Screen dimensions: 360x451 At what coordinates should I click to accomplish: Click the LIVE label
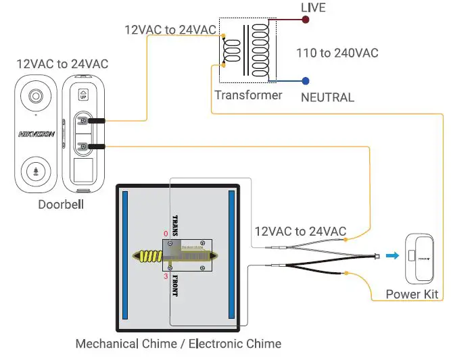tap(313, 7)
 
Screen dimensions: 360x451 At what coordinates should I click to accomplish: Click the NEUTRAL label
tap(327, 97)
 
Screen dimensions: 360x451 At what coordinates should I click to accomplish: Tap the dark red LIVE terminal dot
tap(306, 20)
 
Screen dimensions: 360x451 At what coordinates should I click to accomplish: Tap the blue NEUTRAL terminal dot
tap(306, 80)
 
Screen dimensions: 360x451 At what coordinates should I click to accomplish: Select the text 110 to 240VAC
tap(337, 53)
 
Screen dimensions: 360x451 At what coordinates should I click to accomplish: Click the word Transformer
tap(248, 95)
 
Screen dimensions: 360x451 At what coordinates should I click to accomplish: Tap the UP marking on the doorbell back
tap(83, 95)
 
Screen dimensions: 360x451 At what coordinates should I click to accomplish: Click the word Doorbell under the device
tap(60, 204)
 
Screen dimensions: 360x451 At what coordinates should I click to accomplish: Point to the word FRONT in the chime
tap(175, 286)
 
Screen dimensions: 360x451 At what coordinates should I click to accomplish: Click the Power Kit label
tap(412, 294)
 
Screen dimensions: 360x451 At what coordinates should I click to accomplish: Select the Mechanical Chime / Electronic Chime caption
tap(178, 344)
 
